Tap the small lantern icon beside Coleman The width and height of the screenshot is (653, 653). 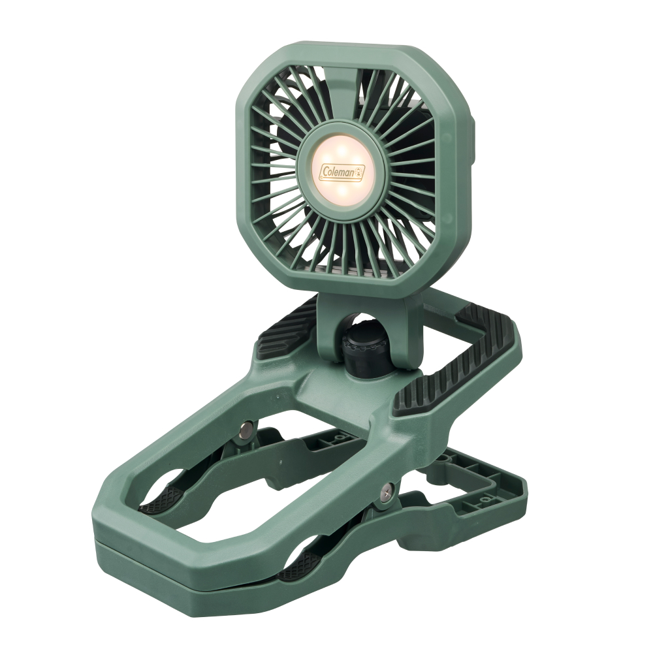point(360,170)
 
